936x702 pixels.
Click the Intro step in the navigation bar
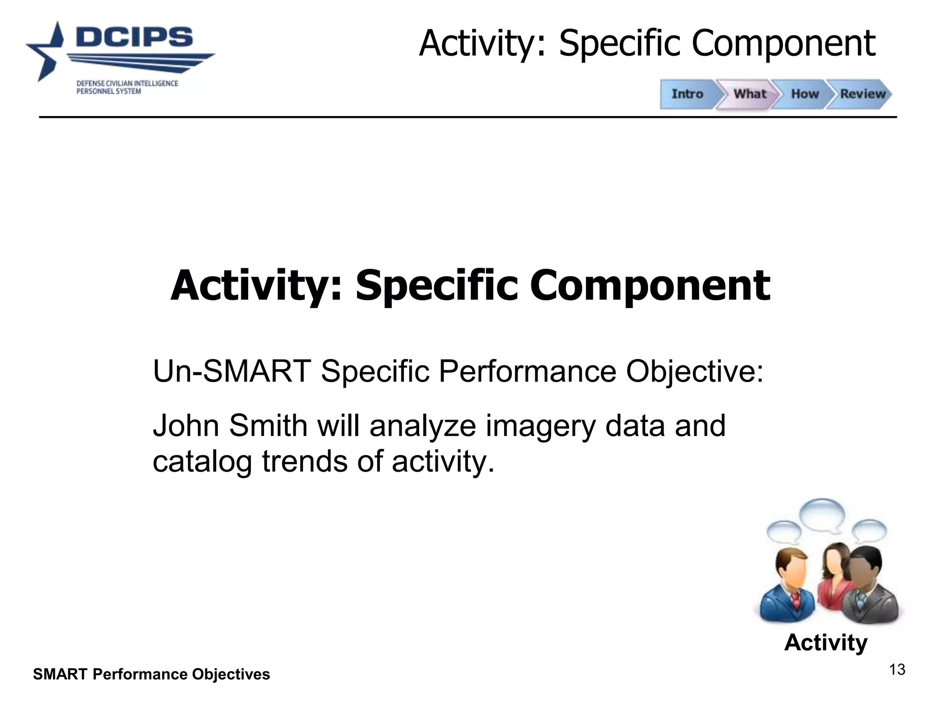point(687,94)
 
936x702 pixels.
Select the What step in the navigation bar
point(750,94)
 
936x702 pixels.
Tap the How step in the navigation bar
point(805,94)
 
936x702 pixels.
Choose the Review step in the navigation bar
point(862,94)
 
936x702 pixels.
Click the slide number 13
point(897,670)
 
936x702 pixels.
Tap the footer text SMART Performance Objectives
point(151,675)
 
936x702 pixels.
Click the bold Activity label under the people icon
point(825,643)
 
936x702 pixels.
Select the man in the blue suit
point(787,590)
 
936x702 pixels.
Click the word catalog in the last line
point(202,462)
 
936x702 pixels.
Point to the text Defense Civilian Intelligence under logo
point(127,84)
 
